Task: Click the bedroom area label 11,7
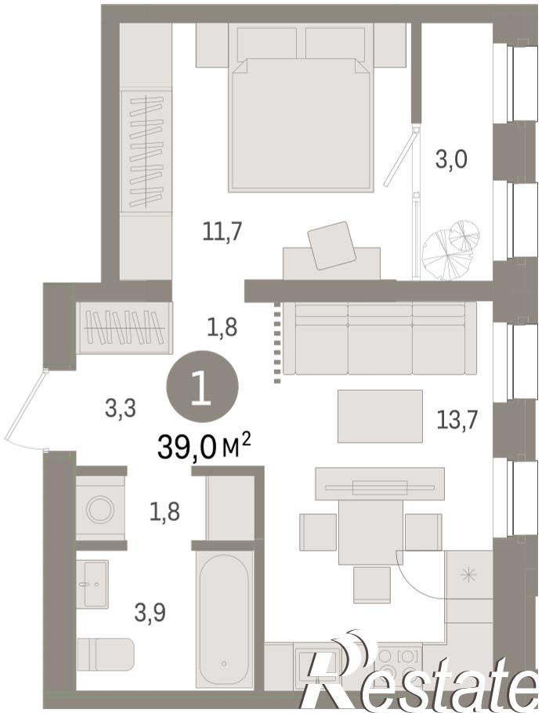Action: (221, 232)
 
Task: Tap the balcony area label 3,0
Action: (451, 160)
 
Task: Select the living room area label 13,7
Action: (457, 419)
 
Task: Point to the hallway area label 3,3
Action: (120, 408)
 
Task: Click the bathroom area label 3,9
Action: (150, 612)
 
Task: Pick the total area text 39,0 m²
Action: (204, 447)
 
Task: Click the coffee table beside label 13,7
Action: (380, 416)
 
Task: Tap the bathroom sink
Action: (92, 584)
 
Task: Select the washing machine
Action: (100, 509)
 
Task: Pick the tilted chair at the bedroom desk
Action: (332, 245)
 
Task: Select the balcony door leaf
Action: (400, 157)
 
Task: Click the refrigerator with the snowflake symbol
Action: (469, 575)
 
